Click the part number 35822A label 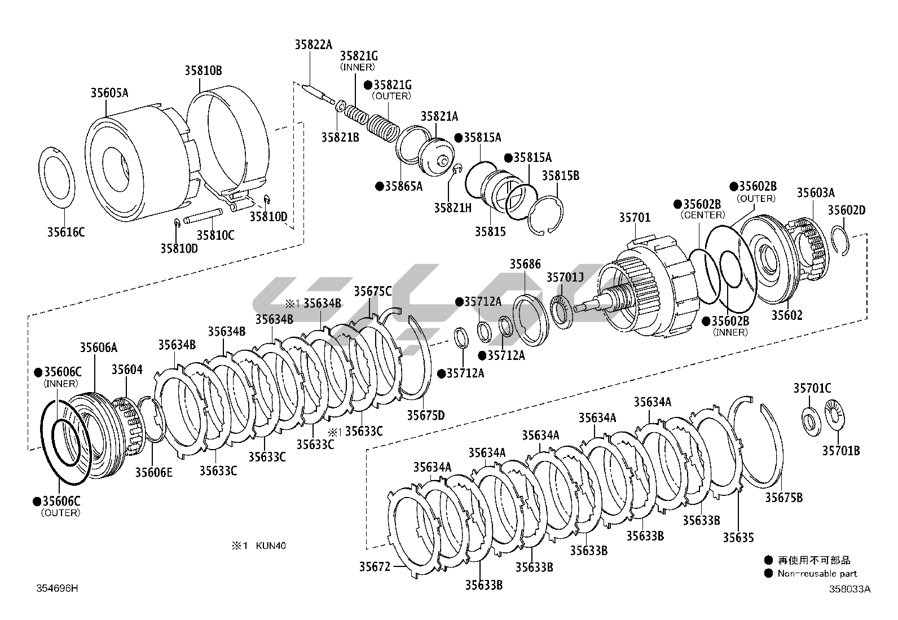pos(313,45)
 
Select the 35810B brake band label pos(203,71)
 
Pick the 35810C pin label pos(215,235)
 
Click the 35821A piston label pos(439,116)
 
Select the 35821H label pos(452,208)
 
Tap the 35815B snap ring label pos(560,175)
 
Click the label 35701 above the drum pos(635,217)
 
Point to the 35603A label pos(815,192)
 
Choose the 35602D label pos(846,210)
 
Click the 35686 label pos(525,264)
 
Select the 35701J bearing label pos(565,277)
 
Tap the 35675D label pos(426,416)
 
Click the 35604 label pos(127,370)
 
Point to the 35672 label pos(375,566)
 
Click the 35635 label pos(738,538)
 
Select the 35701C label pos(812,388)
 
